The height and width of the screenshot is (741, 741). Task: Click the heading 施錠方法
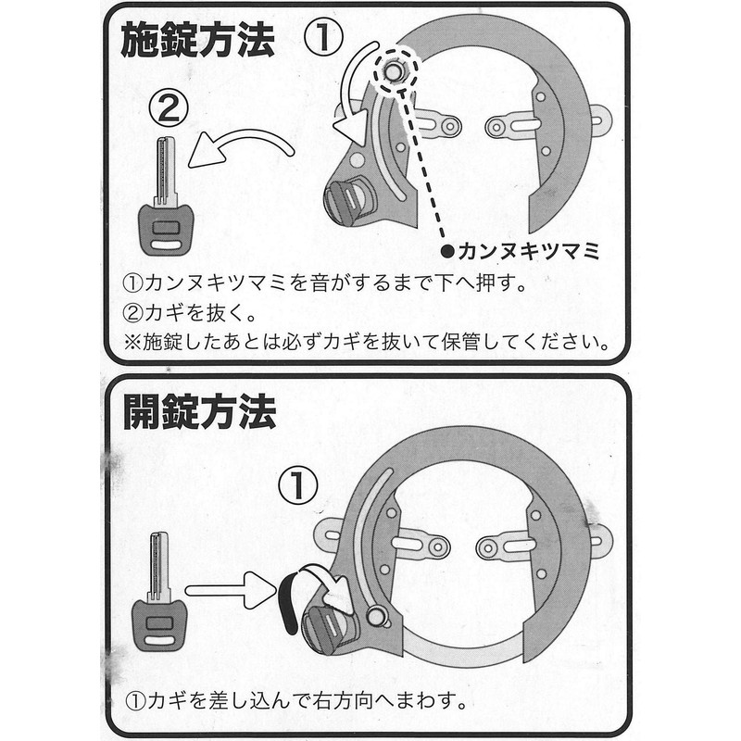click(x=197, y=41)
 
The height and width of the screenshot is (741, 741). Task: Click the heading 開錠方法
click(x=199, y=412)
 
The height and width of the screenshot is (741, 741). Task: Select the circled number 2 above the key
click(x=169, y=108)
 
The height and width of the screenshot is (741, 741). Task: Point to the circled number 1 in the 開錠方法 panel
click(x=298, y=485)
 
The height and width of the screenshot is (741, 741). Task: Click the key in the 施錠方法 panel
click(x=166, y=196)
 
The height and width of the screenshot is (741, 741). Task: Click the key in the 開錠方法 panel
click(x=159, y=592)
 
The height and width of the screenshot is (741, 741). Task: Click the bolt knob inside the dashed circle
click(x=393, y=72)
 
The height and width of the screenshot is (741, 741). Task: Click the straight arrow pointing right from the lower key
click(x=231, y=590)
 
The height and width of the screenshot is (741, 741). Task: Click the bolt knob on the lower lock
click(x=375, y=616)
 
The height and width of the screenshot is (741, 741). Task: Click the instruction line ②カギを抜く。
click(x=190, y=312)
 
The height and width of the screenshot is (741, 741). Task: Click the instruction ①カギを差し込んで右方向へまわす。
click(x=296, y=700)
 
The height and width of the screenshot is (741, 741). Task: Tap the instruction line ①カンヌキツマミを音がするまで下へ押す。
click(x=325, y=283)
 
